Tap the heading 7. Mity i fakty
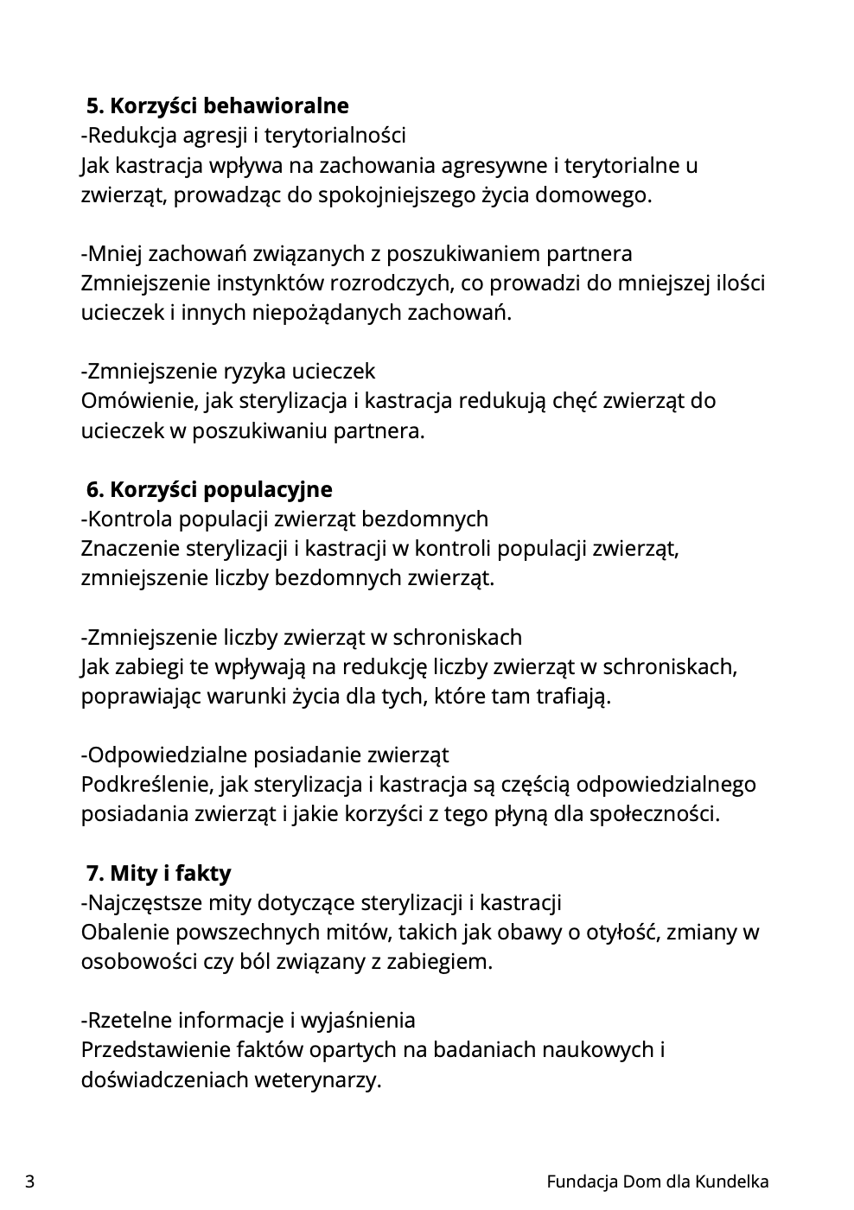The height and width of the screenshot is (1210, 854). pyautogui.click(x=158, y=874)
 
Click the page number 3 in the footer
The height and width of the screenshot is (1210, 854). pyautogui.click(x=30, y=1181)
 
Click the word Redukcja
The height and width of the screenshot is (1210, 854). pyautogui.click(x=126, y=136)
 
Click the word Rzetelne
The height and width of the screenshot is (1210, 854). pyautogui.click(x=126, y=1021)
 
